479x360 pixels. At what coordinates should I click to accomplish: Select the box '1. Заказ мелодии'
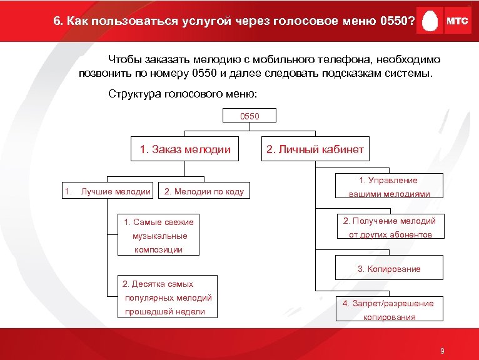click(185, 149)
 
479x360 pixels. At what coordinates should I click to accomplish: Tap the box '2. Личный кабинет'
click(315, 149)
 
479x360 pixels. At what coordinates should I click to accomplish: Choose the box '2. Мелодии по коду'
click(204, 191)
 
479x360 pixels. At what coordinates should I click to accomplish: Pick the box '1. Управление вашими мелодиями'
click(388, 187)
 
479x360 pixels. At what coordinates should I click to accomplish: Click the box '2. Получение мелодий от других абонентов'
click(388, 227)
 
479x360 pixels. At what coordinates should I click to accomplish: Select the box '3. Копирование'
click(388, 269)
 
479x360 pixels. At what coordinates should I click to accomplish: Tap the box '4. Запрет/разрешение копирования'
click(388, 309)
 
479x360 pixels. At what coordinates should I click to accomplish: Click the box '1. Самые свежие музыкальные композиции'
click(159, 236)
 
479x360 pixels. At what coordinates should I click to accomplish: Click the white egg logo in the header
click(429, 21)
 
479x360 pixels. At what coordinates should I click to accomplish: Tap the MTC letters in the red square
click(457, 21)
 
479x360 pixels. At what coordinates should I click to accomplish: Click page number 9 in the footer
click(442, 351)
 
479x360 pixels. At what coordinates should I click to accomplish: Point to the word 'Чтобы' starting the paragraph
click(123, 59)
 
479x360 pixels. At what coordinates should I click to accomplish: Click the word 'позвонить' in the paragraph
click(104, 74)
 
